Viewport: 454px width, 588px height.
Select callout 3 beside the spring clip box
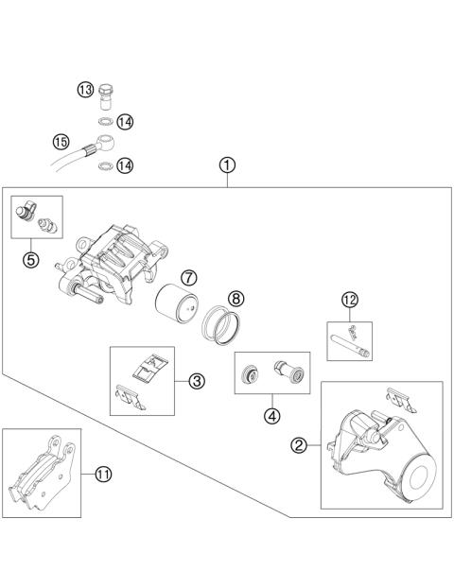coord(196,382)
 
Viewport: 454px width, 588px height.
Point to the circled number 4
coord(272,414)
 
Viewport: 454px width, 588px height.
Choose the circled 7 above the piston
coord(189,278)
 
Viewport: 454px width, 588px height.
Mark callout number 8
coord(236,298)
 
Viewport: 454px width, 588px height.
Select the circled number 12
coord(350,300)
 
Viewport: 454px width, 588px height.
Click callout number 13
coord(84,90)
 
